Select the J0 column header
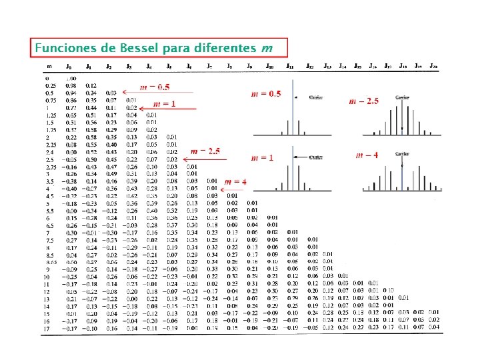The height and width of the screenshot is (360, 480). (x=69, y=67)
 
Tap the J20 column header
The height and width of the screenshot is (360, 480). (x=433, y=67)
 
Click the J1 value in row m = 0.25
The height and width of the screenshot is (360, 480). (x=91, y=85)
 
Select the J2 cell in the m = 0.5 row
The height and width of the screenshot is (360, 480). (x=111, y=93)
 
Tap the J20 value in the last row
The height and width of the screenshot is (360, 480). (x=433, y=328)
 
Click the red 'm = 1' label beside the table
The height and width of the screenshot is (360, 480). (x=165, y=104)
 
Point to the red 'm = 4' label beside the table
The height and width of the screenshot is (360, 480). (x=235, y=181)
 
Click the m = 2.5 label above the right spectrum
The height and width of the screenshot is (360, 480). (x=364, y=101)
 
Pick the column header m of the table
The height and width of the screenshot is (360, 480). (x=49, y=67)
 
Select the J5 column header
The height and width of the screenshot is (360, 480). (x=169, y=67)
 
